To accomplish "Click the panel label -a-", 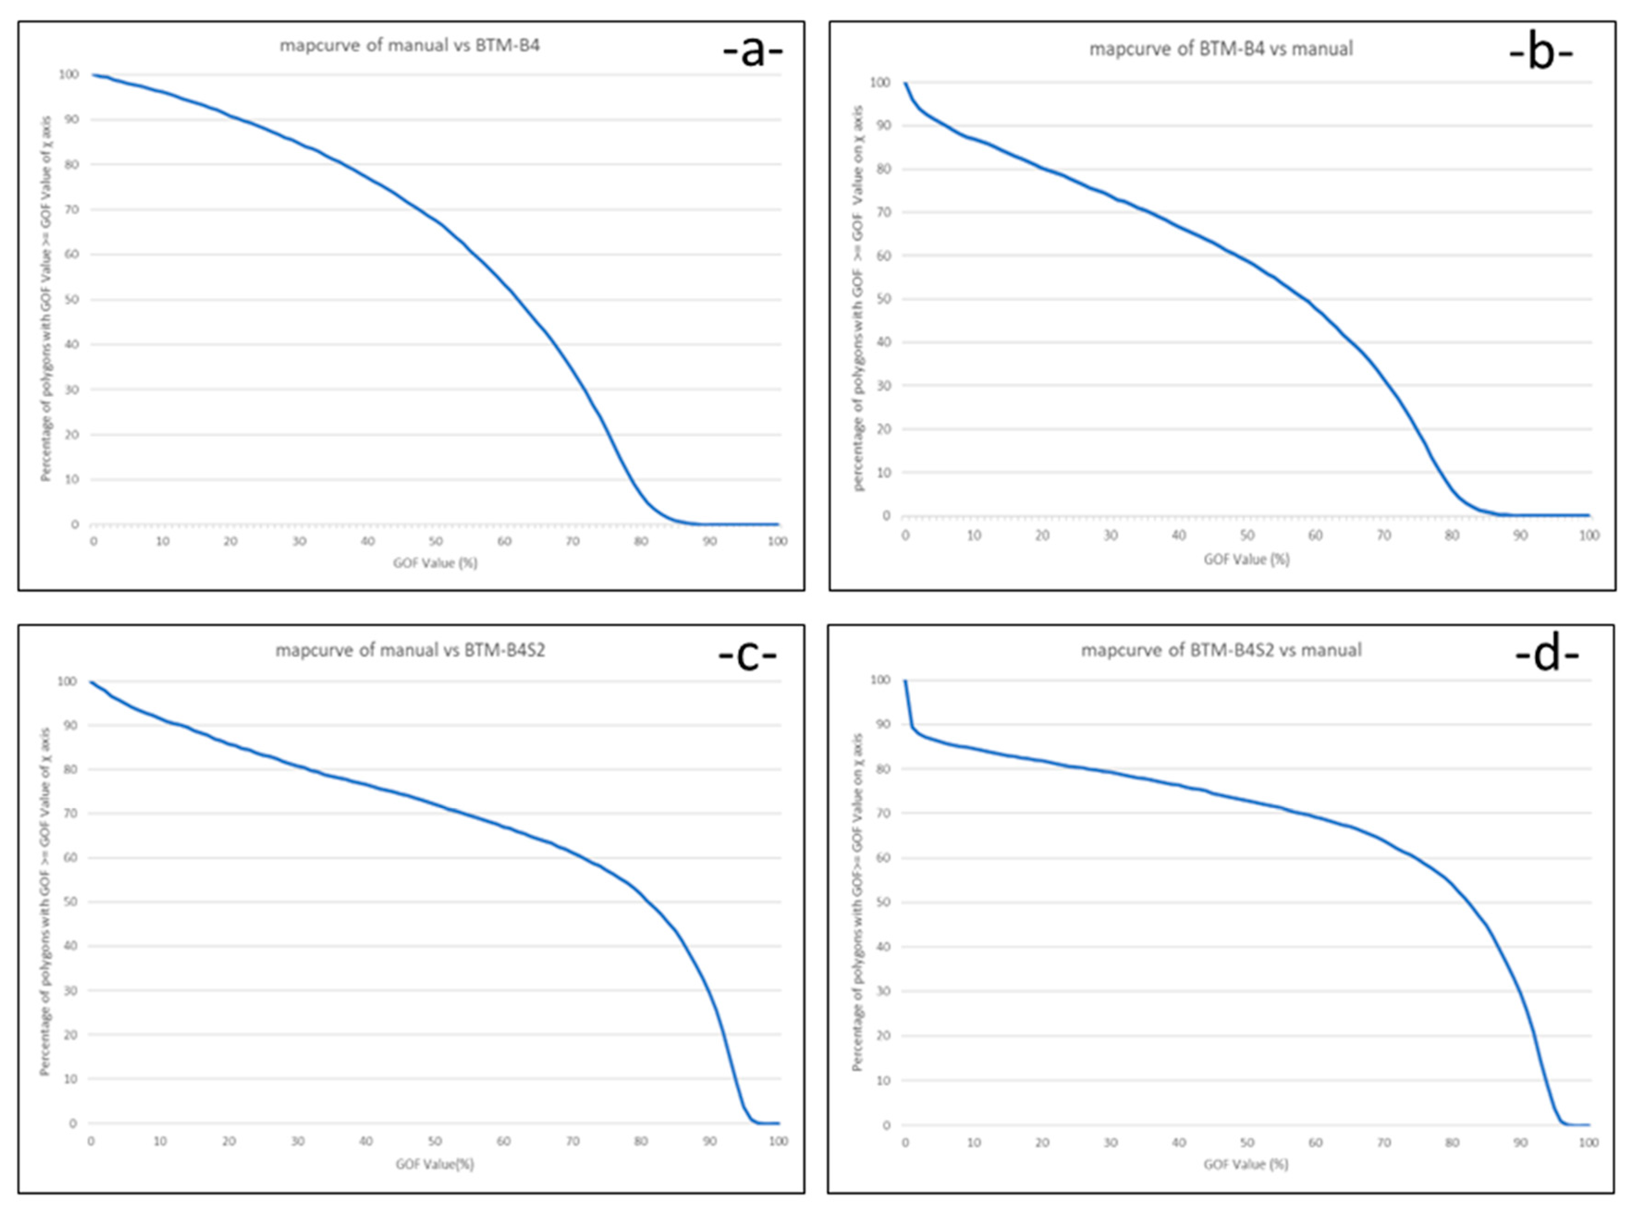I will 752,52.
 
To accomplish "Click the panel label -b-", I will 1541,54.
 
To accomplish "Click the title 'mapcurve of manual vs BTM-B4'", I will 410,45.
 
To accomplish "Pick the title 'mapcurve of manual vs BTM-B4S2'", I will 410,650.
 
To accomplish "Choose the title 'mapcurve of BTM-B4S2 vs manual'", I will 1221,650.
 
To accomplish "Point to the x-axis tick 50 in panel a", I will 436,541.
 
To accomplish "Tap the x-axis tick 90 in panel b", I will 1520,535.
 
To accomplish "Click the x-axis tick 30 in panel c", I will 298,1141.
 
